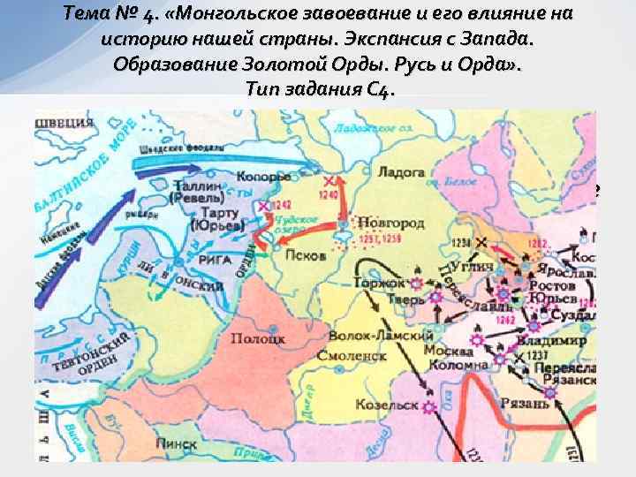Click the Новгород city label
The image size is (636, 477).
tap(388, 224)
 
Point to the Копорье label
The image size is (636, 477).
tap(237, 178)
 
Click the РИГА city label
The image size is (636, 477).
tap(217, 261)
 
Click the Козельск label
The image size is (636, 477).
tap(386, 405)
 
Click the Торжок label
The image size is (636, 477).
tap(377, 284)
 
